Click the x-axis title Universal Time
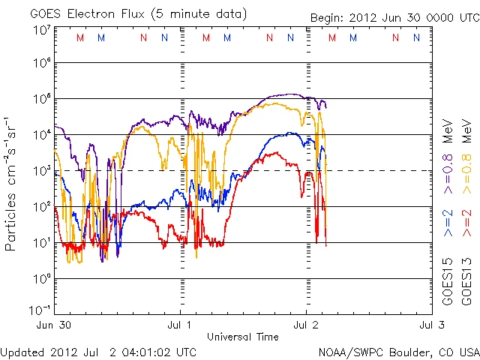243,337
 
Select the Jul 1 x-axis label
181,325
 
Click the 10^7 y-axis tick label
41,30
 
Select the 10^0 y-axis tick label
41,278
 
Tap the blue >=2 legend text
448,221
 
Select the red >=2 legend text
466,221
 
